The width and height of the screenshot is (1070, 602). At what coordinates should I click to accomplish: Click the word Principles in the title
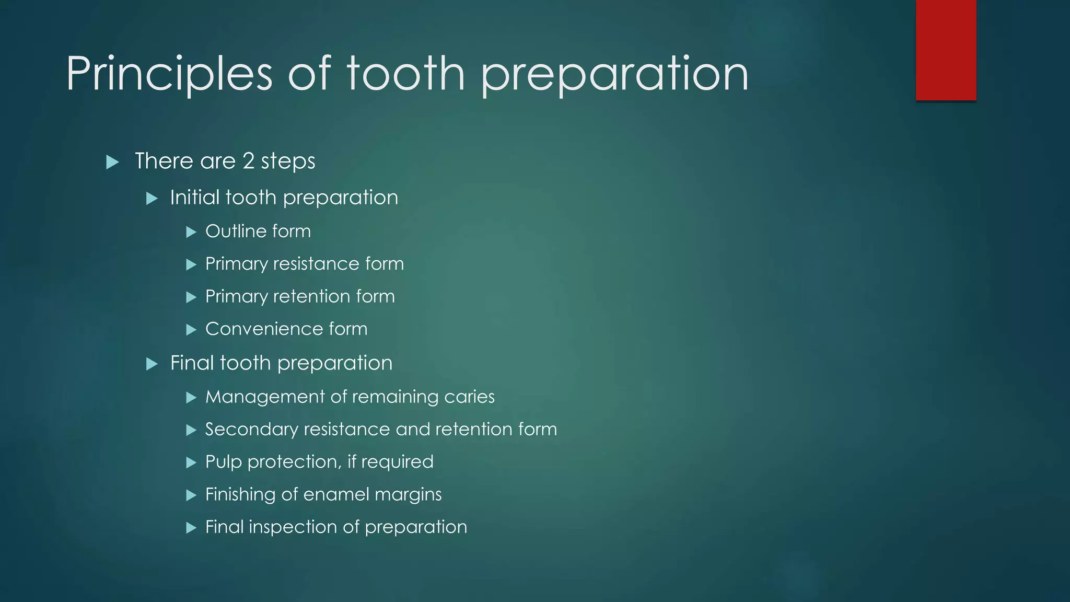[169, 74]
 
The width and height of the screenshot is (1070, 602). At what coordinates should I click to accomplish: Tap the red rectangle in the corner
[946, 50]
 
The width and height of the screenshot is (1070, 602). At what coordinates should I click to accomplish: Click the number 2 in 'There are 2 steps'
[248, 161]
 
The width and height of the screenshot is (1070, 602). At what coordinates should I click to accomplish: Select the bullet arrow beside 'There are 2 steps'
[112, 162]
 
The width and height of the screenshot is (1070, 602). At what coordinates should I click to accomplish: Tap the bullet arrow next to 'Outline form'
[191, 232]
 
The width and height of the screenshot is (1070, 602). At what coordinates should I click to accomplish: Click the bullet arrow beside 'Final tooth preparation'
[152, 364]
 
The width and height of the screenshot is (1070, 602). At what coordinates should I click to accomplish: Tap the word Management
[265, 397]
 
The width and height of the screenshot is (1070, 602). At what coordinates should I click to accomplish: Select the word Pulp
[223, 462]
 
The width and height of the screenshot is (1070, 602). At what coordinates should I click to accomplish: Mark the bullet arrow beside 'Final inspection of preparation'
[191, 528]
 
